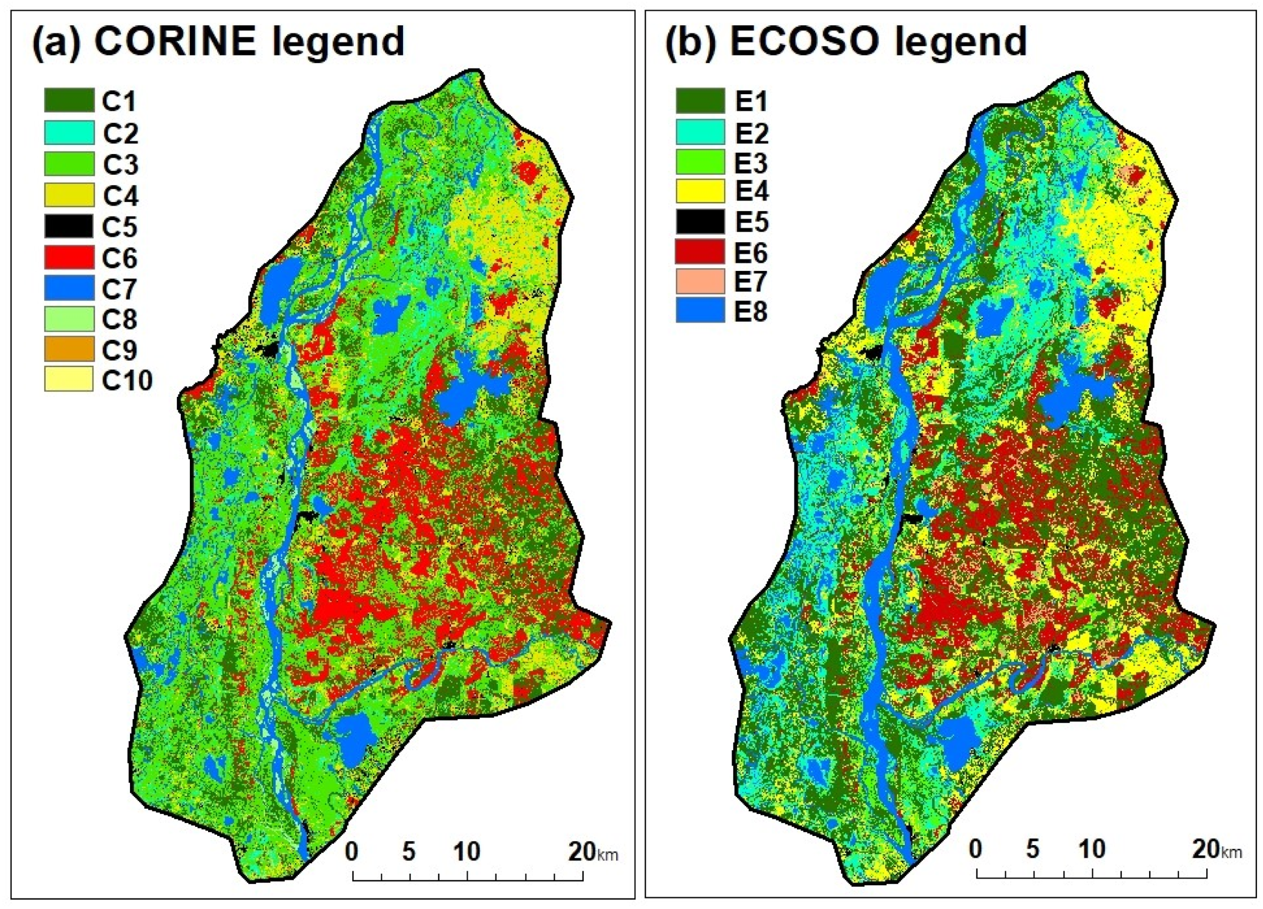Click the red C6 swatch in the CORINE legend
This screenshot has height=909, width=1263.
coord(69,257)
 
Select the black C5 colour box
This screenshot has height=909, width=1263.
coord(69,226)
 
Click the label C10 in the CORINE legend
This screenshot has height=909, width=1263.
coord(127,381)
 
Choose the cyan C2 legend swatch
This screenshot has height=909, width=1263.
coord(69,132)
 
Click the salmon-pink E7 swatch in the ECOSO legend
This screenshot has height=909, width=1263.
coord(700,281)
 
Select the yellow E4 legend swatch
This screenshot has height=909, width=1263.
coord(700,191)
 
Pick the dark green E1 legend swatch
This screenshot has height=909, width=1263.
coord(700,101)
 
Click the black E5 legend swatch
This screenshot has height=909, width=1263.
coord(700,221)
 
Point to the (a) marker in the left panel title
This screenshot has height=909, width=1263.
coord(56,42)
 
